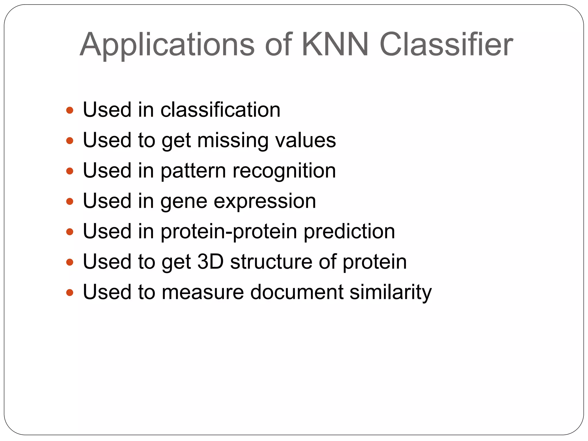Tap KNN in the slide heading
pyautogui.click(x=335, y=45)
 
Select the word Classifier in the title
pyautogui.click(x=446, y=45)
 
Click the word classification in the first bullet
pyautogui.click(x=220, y=110)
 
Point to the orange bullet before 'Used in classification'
pyautogui.click(x=70, y=110)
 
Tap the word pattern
pyautogui.click(x=193, y=171)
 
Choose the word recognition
pyautogui.click(x=284, y=171)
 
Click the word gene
pyautogui.click(x=184, y=201)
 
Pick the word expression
pyautogui.click(x=265, y=201)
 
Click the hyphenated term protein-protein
pyautogui.click(x=229, y=232)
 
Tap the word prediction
pyautogui.click(x=349, y=232)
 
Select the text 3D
pyautogui.click(x=210, y=262)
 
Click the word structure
pyautogui.click(x=271, y=262)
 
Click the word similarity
pyautogui.click(x=391, y=292)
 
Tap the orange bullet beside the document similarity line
pyautogui.click(x=70, y=293)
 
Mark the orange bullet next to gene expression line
pyautogui.click(x=70, y=202)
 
